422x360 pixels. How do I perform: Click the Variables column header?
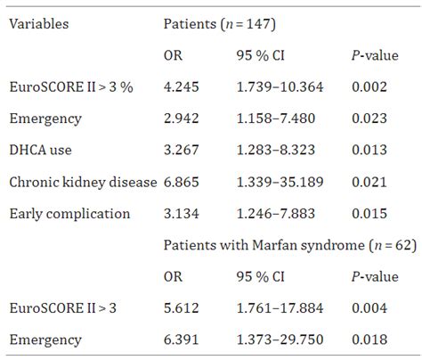tap(39, 24)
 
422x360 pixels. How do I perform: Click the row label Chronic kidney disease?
tap(81, 181)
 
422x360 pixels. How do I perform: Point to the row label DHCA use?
tap(38, 149)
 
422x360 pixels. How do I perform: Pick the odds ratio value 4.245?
tap(183, 86)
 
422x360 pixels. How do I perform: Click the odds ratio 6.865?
tap(183, 181)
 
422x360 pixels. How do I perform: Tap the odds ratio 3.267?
tap(183, 149)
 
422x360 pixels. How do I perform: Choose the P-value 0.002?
tap(370, 86)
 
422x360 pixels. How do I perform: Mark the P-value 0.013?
tap(370, 149)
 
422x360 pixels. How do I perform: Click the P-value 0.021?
tap(370, 181)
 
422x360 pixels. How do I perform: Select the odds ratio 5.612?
tap(183, 307)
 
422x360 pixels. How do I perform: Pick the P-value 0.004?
tap(370, 307)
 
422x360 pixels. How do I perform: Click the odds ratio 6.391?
tap(183, 339)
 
